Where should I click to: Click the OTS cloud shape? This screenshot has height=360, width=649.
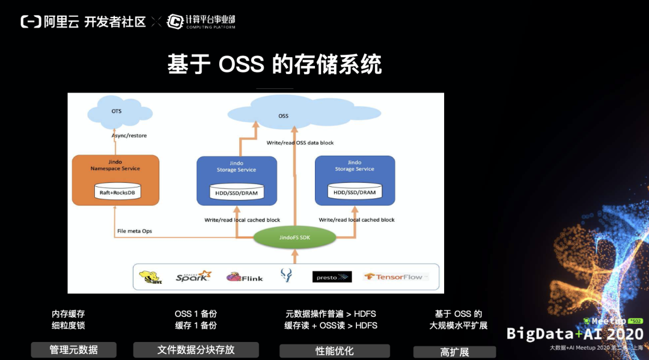[117, 112]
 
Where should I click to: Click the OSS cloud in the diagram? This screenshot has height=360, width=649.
[283, 115]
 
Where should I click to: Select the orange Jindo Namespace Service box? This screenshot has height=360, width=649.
[115, 180]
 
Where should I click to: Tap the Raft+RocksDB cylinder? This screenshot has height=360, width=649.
[117, 192]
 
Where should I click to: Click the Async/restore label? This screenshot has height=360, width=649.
[129, 136]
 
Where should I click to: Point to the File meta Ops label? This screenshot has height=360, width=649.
[135, 231]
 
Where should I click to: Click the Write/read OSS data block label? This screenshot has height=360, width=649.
[300, 143]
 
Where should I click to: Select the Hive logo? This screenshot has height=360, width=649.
[150, 276]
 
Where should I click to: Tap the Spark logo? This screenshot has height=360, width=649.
[193, 276]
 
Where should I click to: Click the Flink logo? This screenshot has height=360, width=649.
[244, 277]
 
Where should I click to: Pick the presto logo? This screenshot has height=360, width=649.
[332, 277]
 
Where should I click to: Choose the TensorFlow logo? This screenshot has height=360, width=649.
[395, 277]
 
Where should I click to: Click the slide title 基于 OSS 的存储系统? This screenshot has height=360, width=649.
[275, 64]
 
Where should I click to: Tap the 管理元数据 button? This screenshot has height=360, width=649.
[73, 350]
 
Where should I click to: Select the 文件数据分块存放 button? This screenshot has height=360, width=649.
[196, 350]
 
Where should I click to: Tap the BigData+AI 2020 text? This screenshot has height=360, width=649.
[574, 334]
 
